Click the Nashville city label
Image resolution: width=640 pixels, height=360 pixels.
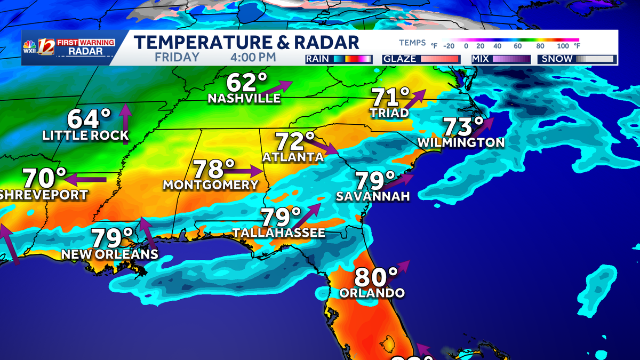coord(244,99)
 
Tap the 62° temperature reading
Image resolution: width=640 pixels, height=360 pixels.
coord(247,83)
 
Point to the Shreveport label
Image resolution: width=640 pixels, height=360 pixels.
coord(43,195)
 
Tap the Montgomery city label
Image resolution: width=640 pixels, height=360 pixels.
coord(210,185)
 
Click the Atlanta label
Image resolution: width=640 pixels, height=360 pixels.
coord(293,157)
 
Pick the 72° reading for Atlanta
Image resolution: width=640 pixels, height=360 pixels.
coord(295,142)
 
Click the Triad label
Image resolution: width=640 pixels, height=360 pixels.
coord(390,113)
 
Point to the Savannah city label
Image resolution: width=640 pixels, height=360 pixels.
coord(373,197)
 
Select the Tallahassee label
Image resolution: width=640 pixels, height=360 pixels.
coord(278,233)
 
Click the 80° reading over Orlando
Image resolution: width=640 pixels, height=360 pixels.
coord(376,277)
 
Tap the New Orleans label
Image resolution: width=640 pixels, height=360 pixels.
coord(110,254)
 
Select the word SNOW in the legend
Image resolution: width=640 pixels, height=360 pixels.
coord(557,59)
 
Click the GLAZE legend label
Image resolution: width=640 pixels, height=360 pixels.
coord(400,59)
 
